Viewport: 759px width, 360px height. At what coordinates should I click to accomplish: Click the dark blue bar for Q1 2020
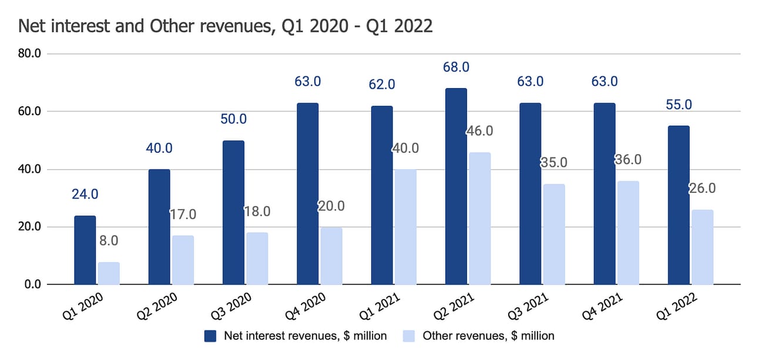pos(85,250)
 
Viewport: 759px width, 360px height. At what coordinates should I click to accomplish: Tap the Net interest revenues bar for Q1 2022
pos(679,205)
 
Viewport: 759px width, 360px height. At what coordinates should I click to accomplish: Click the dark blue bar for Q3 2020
pos(233,213)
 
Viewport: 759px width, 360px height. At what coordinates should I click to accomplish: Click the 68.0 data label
pos(456,67)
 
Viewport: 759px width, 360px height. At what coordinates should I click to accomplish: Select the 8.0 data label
pos(109,241)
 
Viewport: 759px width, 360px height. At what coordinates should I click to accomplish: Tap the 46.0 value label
pos(479,131)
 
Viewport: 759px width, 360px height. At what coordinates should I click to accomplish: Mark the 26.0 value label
pos(702,189)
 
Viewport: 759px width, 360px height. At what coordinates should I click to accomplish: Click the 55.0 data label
pos(679,105)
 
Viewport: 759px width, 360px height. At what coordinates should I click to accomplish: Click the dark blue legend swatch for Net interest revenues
pos(211,336)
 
